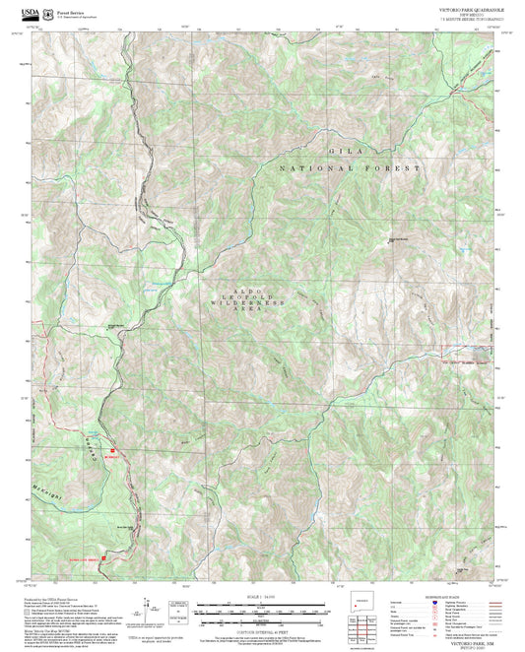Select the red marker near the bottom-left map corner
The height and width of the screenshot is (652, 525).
(105, 558)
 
